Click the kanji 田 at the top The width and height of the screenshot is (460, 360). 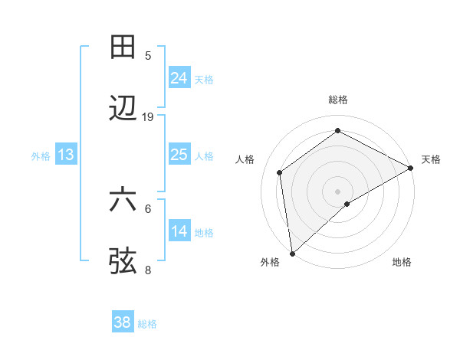point(123,47)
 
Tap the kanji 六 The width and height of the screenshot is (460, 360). point(123,199)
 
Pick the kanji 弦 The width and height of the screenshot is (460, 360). point(123,260)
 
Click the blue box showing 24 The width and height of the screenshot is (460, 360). point(179,77)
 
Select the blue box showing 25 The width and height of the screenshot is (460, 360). point(179,155)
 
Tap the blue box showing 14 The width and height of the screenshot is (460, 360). point(179,231)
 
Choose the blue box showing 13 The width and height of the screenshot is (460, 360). point(66,155)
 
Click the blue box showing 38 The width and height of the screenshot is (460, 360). point(123,322)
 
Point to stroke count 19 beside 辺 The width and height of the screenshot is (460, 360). point(148,117)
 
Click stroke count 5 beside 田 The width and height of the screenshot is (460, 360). point(148,55)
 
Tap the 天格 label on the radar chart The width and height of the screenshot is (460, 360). point(431,159)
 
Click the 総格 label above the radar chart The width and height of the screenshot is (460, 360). point(337,100)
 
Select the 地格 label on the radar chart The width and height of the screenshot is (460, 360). point(402,262)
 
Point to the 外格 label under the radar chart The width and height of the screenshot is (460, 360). point(270,262)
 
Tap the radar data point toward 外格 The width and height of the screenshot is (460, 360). point(292,253)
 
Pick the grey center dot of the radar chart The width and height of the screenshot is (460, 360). point(337,191)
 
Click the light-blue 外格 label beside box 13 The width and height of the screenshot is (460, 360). point(40,155)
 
